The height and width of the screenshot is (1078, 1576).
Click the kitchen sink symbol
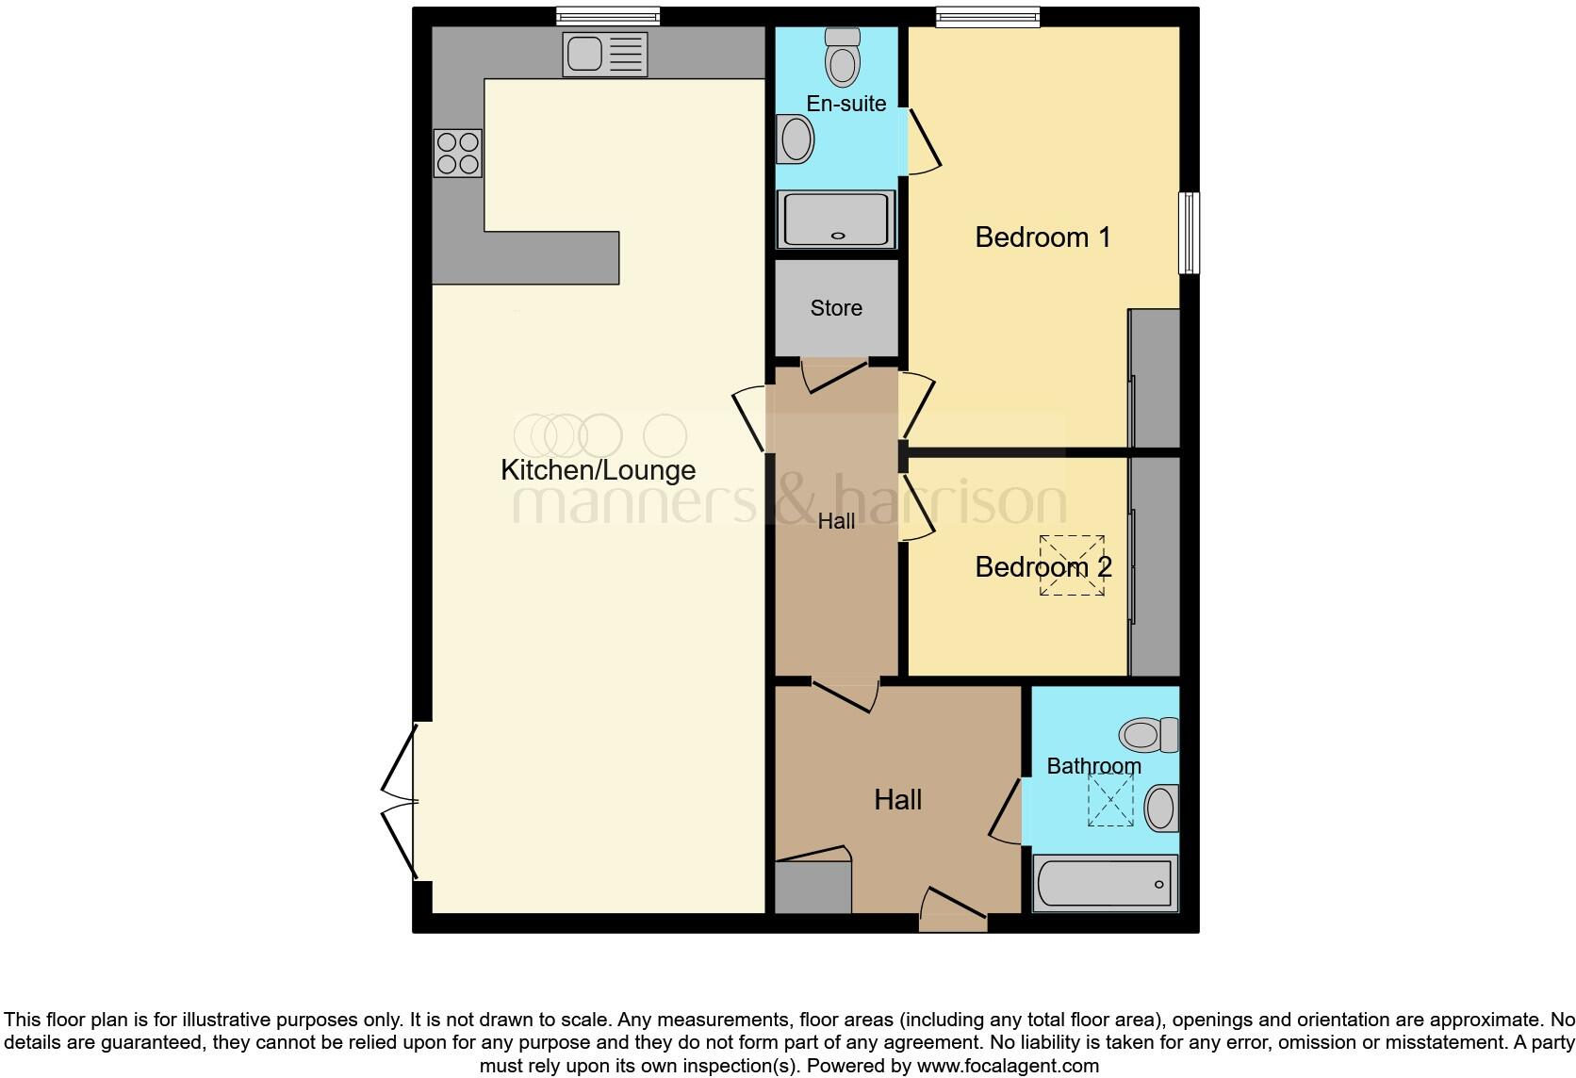point(604,54)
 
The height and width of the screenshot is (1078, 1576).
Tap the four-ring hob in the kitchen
point(457,153)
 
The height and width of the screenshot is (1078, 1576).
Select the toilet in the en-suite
point(842,57)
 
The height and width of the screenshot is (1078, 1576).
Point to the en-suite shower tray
point(835,219)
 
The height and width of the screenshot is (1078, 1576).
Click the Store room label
point(836,308)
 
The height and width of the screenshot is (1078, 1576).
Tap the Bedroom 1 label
point(1042,237)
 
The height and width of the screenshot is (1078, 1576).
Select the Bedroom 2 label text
point(1042,566)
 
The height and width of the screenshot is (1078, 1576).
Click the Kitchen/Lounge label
point(598,469)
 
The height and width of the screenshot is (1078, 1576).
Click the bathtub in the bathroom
point(1105,883)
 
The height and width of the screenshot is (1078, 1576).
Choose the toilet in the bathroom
point(1149,734)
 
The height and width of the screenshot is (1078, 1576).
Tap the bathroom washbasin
point(1160,808)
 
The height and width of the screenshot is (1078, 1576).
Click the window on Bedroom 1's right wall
point(1190,233)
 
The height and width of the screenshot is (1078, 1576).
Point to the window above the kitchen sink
point(607,16)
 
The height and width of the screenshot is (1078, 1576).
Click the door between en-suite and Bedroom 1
point(923,140)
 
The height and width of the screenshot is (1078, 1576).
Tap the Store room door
point(833,375)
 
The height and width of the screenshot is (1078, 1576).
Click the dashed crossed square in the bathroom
point(1111,800)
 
